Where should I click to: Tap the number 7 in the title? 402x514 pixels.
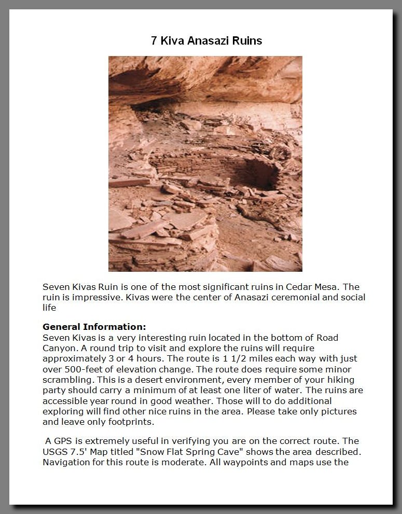154,40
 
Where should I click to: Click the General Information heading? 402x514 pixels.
94,327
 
